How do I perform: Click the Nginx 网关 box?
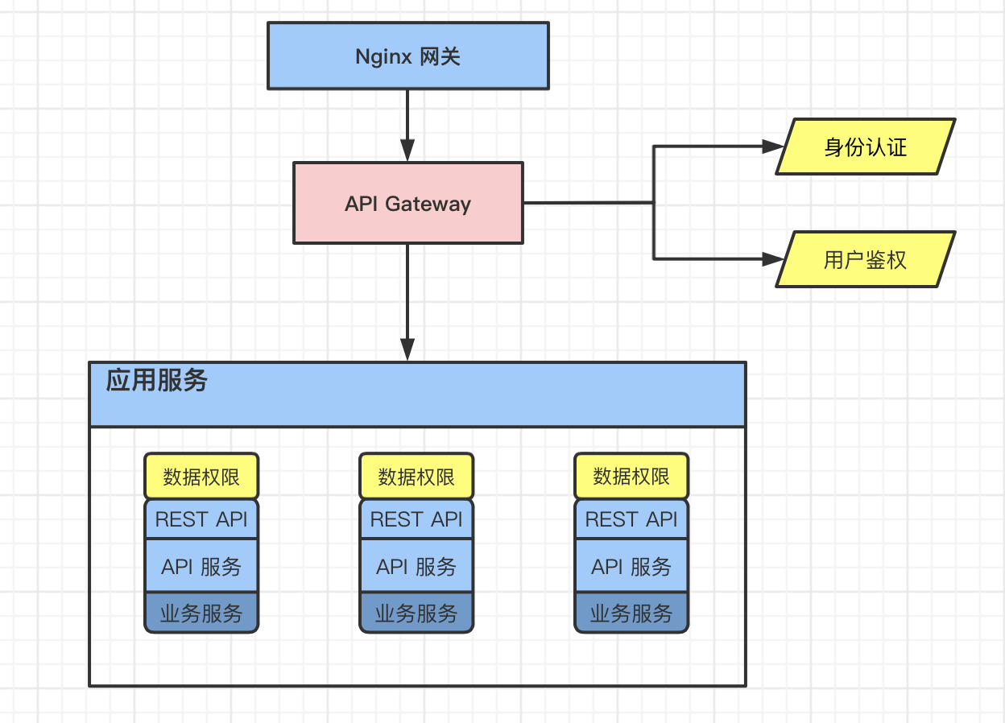[x=407, y=56]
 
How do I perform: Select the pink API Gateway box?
[x=407, y=203]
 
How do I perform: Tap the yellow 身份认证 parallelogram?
[x=865, y=147]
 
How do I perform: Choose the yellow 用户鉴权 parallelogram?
[x=865, y=259]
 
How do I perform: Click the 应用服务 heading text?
[x=157, y=380]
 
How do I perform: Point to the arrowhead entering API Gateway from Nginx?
[x=407, y=151]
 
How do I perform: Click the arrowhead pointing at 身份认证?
[x=773, y=147]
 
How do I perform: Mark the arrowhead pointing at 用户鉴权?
[x=773, y=259]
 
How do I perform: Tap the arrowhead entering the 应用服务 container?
[x=407, y=349]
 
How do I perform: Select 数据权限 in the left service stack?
[x=201, y=476]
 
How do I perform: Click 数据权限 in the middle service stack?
[x=416, y=476]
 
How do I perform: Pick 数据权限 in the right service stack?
[x=631, y=476]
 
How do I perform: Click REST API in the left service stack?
[x=201, y=519]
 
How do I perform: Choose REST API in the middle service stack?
[x=416, y=519]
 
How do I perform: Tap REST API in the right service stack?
[x=631, y=519]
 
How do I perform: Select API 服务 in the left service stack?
[x=201, y=566]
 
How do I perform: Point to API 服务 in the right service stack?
[x=631, y=566]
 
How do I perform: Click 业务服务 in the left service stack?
[x=201, y=614]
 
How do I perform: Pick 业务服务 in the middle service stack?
[x=416, y=614]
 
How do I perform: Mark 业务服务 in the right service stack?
[x=631, y=614]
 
